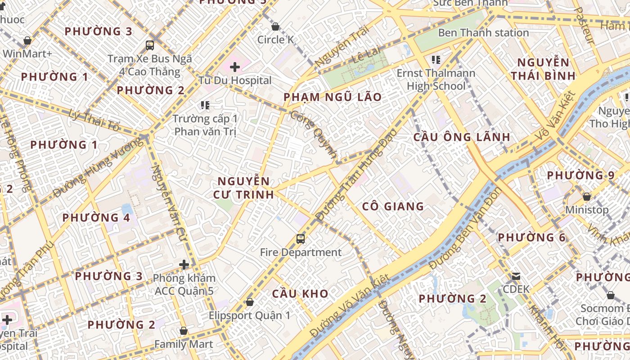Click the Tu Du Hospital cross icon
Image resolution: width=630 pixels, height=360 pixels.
point(234,67)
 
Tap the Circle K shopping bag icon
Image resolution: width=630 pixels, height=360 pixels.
point(275,27)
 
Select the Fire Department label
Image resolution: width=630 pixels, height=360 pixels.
point(301,252)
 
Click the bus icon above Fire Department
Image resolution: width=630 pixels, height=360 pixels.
point(301,238)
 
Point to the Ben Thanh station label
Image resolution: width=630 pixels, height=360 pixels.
point(483,33)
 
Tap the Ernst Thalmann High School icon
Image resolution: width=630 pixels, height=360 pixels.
point(436,59)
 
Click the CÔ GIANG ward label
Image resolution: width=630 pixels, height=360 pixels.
point(393,207)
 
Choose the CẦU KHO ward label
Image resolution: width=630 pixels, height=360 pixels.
point(300,294)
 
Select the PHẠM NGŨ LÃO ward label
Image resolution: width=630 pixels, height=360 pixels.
point(333,97)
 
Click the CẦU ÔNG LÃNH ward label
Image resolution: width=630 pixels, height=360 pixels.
point(462,137)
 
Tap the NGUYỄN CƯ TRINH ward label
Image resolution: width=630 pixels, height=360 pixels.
point(245,188)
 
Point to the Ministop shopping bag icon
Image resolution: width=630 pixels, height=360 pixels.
point(586,197)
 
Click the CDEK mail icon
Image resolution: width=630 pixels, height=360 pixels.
point(516,276)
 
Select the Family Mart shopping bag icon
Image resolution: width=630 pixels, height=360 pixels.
point(184,331)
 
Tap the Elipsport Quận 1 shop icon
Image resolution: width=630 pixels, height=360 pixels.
point(250,302)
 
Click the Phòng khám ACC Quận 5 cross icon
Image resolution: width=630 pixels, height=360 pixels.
point(184,265)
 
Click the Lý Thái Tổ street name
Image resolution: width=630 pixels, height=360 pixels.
point(95,120)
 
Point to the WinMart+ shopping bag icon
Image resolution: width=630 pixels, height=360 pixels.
point(27,40)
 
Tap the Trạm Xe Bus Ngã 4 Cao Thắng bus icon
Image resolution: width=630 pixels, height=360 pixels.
point(150,45)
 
